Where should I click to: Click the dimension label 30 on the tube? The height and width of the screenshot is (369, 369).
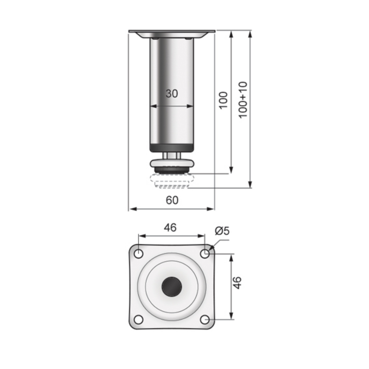[x=172, y=94]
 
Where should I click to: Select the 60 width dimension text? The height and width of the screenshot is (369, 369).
[x=172, y=200]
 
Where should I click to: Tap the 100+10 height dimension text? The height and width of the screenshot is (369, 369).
[x=243, y=100]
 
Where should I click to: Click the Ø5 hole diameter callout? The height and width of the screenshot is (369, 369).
[x=222, y=231]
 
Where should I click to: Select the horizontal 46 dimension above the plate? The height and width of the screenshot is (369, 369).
[x=170, y=228]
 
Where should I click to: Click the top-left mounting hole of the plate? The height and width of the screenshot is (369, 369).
[x=138, y=254]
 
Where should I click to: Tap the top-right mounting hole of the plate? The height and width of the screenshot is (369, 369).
[x=205, y=254]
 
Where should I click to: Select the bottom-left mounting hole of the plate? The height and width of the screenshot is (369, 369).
[x=138, y=319]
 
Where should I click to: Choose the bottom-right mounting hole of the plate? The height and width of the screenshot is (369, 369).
[x=205, y=319]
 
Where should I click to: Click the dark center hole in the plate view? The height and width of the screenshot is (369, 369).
[x=172, y=287]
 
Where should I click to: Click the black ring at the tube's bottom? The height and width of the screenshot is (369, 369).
[x=172, y=148]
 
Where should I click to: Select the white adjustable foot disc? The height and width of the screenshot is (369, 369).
[x=172, y=163]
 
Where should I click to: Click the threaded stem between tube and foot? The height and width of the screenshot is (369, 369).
[x=172, y=155]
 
